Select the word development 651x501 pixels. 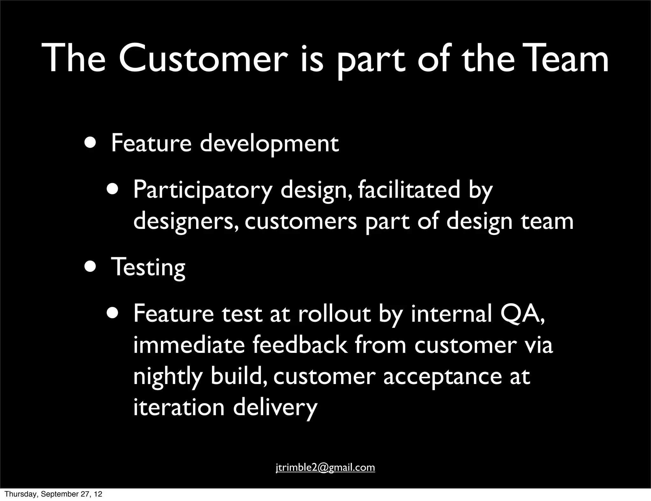click(269, 144)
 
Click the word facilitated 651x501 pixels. click(409, 190)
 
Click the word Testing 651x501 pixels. click(148, 268)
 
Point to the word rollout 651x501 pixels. click(334, 314)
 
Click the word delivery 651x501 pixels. click(275, 408)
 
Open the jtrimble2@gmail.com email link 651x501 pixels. click(325, 467)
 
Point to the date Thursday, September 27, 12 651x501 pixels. click(53, 494)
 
